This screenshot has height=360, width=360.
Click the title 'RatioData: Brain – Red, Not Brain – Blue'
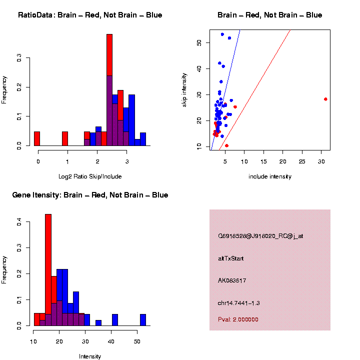(90, 15)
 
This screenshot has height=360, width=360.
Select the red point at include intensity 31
(325, 99)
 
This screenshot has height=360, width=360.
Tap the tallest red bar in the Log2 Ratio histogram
(109, 90)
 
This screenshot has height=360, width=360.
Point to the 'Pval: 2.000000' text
(238, 319)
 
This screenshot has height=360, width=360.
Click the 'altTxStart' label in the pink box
(231, 258)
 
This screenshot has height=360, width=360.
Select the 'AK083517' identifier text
(232, 280)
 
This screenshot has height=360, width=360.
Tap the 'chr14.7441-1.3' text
(238, 303)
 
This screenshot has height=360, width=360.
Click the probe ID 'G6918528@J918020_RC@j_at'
(260, 236)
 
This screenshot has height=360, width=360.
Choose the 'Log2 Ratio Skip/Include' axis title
(90, 176)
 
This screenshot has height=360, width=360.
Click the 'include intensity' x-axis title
(270, 176)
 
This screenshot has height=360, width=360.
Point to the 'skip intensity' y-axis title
(184, 89)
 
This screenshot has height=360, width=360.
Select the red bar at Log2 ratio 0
(37, 138)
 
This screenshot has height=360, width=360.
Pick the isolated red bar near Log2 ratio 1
(65, 138)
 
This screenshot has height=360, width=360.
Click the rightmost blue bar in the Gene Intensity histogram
(143, 320)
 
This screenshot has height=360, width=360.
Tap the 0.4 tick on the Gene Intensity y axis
(20, 223)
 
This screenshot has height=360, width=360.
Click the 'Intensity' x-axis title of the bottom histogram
(90, 356)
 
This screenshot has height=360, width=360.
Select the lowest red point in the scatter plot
(227, 145)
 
